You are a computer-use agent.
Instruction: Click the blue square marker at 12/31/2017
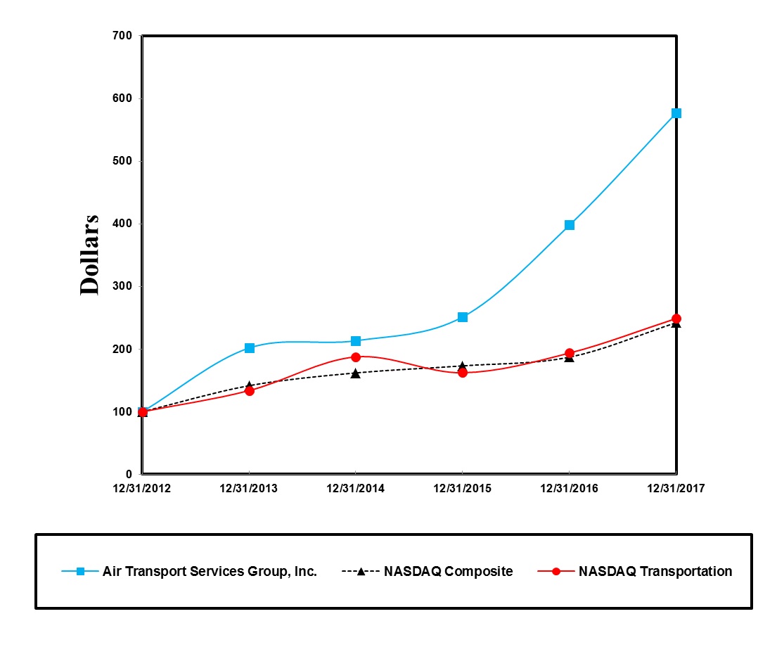pos(676,113)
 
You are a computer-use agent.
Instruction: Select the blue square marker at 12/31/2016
pos(569,225)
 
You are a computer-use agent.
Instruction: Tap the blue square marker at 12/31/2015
pos(462,317)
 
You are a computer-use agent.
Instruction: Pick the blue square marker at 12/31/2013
pos(249,348)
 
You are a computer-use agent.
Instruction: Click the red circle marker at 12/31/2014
pos(356,357)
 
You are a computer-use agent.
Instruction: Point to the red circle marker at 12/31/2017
pos(676,319)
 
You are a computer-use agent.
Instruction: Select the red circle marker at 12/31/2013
pos(249,390)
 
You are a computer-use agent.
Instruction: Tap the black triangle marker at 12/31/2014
pos(356,373)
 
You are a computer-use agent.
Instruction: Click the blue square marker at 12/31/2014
pos(356,341)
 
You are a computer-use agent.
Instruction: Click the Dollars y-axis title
pos(89,255)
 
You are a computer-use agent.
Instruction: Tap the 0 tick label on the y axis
pos(130,474)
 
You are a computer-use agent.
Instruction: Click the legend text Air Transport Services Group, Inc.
pos(210,572)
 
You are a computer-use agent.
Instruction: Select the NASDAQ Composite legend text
pos(448,572)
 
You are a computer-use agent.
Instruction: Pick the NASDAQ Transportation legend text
pos(655,572)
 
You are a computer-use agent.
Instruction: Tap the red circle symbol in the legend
pos(556,572)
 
